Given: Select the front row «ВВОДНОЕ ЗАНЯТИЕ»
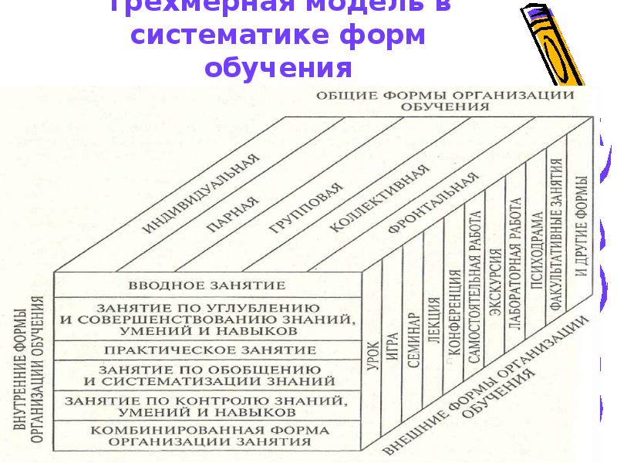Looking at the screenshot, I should pos(208,285).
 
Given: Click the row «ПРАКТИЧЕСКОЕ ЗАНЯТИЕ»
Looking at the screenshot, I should pos(208,350).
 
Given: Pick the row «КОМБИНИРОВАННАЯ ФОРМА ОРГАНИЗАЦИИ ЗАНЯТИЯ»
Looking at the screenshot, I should pos(208,436).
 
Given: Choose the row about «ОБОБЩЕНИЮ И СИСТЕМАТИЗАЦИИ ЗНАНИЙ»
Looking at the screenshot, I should pos(208,374).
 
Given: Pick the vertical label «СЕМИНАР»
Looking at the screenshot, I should pos(413,340).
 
